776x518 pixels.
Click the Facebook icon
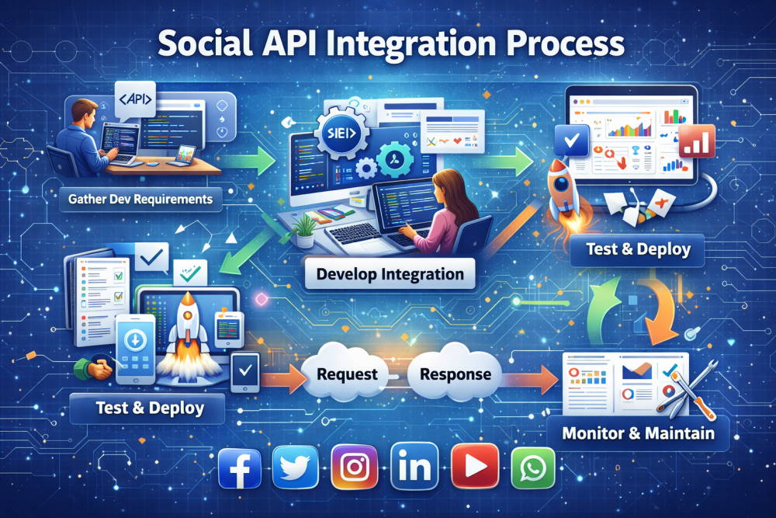click(x=239, y=468)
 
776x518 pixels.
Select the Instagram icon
click(x=354, y=468)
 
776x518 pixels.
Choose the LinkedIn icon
click(x=413, y=468)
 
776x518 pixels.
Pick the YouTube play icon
click(x=473, y=468)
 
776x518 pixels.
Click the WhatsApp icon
click(x=532, y=468)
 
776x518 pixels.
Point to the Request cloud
click(x=347, y=374)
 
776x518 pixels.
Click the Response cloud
click(x=455, y=374)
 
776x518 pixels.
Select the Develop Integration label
click(x=390, y=274)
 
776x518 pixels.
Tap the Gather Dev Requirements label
click(x=140, y=200)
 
